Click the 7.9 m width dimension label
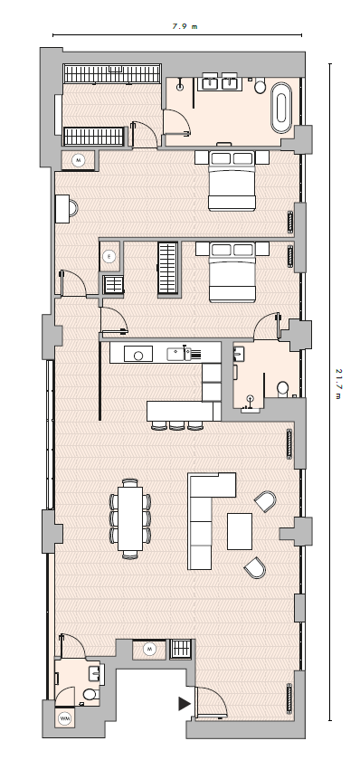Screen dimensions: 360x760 185,26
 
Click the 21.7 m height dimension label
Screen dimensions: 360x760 339,384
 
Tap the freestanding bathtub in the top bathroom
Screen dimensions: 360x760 281,108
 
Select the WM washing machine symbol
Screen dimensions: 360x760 64,718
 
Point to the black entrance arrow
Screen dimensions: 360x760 185,703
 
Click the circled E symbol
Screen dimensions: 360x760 109,256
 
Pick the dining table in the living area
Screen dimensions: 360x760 130,518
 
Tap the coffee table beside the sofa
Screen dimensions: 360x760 240,531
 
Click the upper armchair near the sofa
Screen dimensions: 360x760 266,501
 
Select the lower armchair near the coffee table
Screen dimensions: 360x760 255,567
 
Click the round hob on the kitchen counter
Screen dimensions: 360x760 138,356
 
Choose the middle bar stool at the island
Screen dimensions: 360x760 177,425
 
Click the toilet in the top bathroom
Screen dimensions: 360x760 261,86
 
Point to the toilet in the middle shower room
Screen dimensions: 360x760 283,388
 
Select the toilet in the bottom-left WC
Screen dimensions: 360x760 90,694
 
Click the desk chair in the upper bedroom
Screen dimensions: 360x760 73,208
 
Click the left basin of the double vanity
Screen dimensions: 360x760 212,83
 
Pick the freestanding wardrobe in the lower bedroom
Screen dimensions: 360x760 167,268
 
